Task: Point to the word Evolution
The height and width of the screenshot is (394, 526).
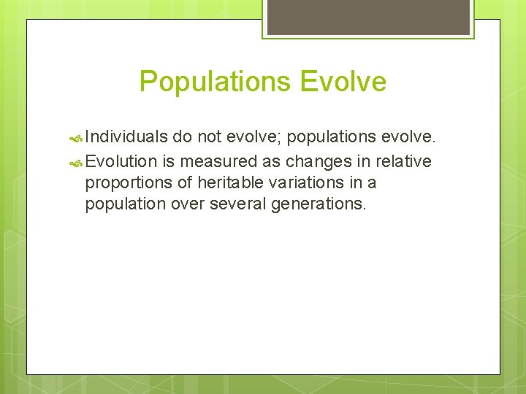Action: [121, 161]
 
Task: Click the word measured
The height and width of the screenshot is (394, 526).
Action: [217, 161]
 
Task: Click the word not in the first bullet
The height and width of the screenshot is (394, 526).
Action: [208, 136]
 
